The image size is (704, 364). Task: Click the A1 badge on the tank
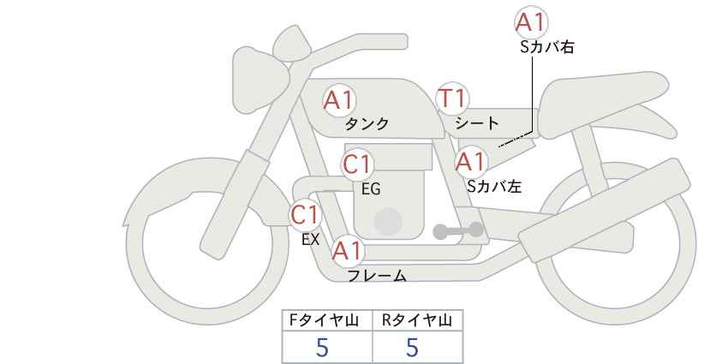coord(339,100)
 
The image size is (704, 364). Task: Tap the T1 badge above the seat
coord(452,98)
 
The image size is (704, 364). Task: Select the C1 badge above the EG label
coord(357,164)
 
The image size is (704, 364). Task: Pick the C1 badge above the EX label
coord(305,215)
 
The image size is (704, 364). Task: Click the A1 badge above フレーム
coord(347,252)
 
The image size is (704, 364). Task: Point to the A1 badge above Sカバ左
coord(470,162)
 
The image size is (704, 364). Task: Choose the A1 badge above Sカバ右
coord(531,22)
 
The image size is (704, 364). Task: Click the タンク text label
coord(367,123)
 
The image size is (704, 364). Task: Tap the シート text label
coord(477,122)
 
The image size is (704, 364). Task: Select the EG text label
coord(372,189)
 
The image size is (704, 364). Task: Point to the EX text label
coord(311,240)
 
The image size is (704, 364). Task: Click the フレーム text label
coord(377,276)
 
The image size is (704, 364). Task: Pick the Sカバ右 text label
coord(547,47)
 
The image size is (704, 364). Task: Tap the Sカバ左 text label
coord(494,186)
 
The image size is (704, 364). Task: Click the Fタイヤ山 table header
coord(324,320)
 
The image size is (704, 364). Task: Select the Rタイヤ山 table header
coord(417,320)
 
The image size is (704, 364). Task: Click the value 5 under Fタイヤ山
coord(322,348)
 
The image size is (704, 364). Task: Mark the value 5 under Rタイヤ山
coord(412,348)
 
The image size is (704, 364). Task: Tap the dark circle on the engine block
coord(388,221)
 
